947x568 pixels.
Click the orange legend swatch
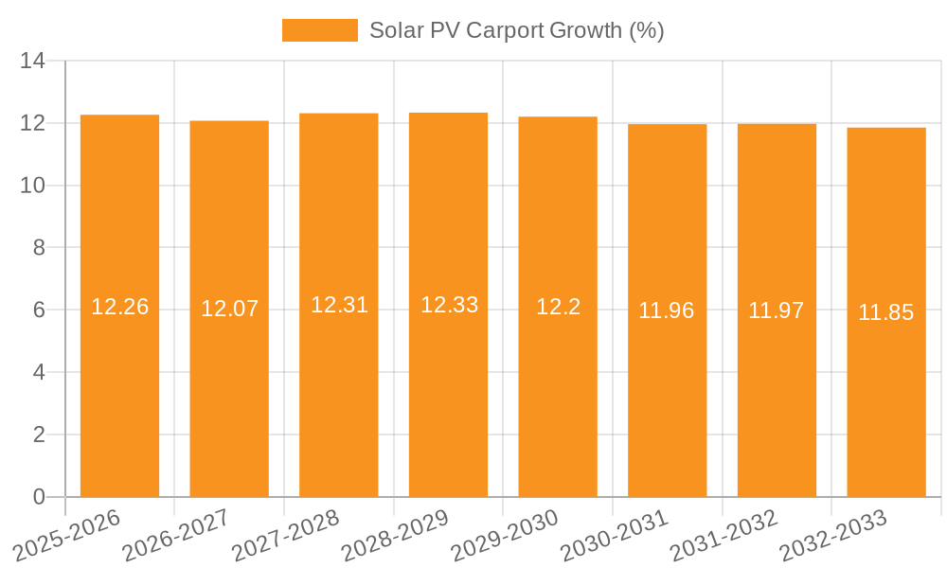319,30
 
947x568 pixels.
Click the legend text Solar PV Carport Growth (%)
516,30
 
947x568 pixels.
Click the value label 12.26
119,307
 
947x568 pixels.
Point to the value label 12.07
229,309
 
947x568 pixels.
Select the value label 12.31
339,305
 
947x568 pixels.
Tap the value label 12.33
449,305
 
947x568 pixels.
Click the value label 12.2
558,307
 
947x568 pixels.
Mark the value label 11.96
667,311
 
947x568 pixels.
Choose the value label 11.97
777,311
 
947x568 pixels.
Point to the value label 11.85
886,312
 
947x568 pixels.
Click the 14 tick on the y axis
33,62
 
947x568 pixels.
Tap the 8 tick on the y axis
39,248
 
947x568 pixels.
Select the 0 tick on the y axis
39,497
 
